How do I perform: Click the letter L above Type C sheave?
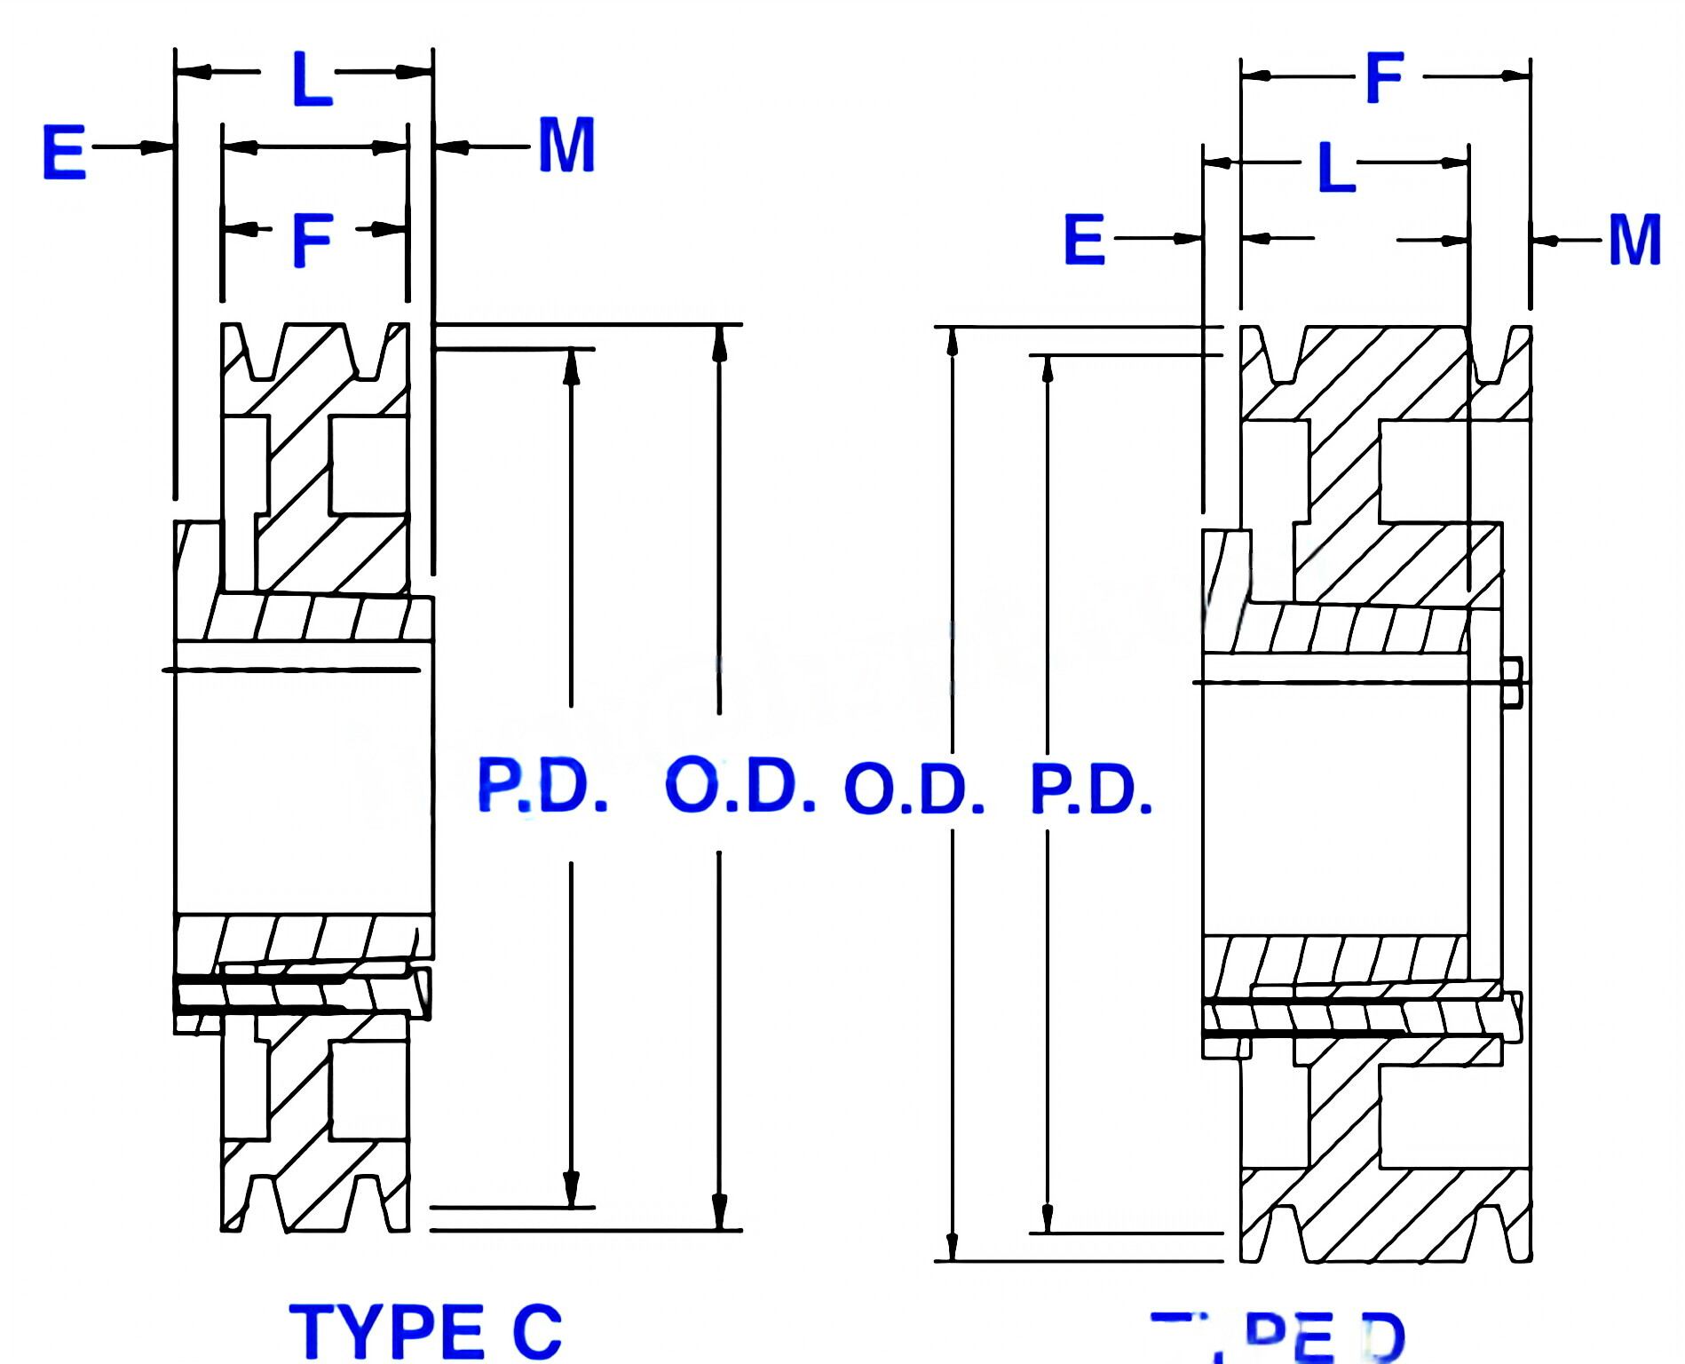[x=312, y=79]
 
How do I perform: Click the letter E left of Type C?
[x=64, y=152]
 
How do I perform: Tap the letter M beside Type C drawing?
[x=566, y=146]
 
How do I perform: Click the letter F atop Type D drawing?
[x=1384, y=78]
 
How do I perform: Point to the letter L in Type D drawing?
[x=1336, y=167]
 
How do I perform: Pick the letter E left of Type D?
[x=1084, y=240]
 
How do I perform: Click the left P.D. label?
[x=542, y=786]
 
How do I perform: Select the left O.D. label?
[x=740, y=786]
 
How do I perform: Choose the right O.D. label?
[x=914, y=789]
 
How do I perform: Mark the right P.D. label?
[x=1091, y=789]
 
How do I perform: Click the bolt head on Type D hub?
[x=1513, y=682]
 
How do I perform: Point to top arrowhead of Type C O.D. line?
[x=719, y=342]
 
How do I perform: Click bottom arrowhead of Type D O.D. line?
[x=953, y=1245]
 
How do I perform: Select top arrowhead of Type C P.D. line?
[x=571, y=366]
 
